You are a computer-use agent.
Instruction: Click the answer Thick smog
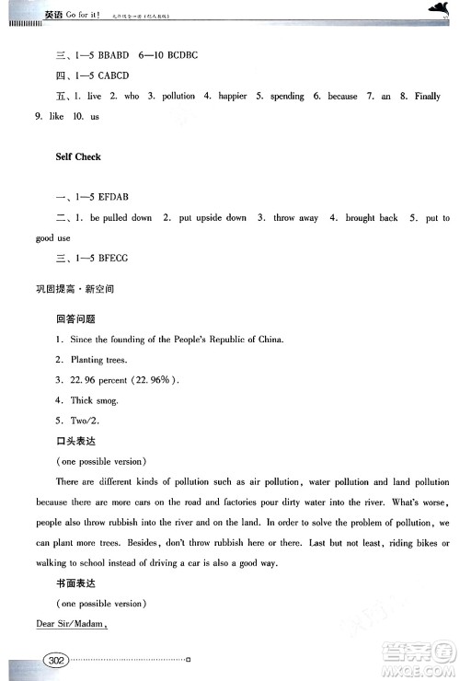94,400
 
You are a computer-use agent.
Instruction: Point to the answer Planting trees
98,360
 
